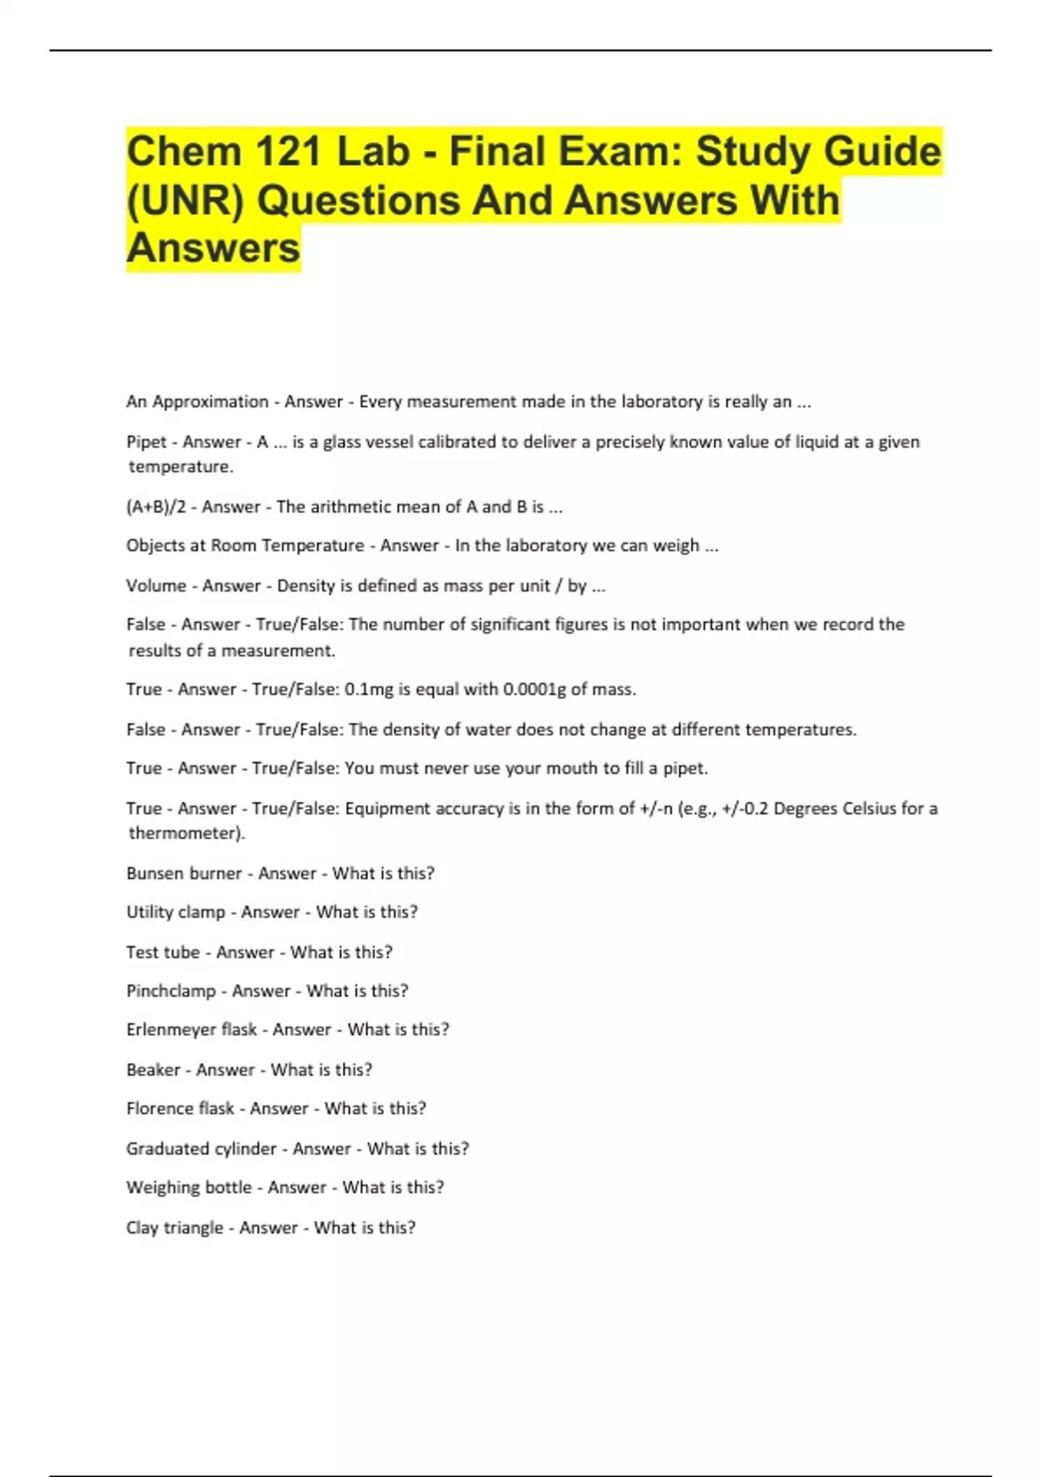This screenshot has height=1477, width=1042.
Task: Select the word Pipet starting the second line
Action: tap(146, 442)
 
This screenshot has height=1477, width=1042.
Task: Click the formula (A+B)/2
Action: tap(156, 507)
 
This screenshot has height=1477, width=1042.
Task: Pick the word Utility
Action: tap(149, 912)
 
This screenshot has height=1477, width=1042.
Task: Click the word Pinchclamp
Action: tap(171, 990)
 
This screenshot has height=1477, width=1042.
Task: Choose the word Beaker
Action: tap(153, 1070)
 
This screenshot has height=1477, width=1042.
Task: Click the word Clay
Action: tap(142, 1228)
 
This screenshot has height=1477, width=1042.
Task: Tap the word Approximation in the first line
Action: tap(210, 401)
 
